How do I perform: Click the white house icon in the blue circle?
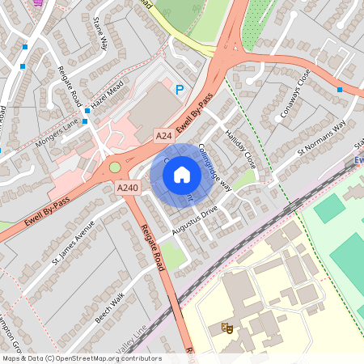click(182, 174)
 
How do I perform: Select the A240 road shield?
click(127, 187)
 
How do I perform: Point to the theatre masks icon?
click(227, 328)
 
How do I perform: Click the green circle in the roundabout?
click(115, 167)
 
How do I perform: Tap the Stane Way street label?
click(101, 32)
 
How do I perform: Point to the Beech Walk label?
click(108, 308)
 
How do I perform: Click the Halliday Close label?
click(240, 148)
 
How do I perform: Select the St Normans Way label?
click(321, 137)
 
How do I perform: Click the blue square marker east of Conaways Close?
click(340, 90)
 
